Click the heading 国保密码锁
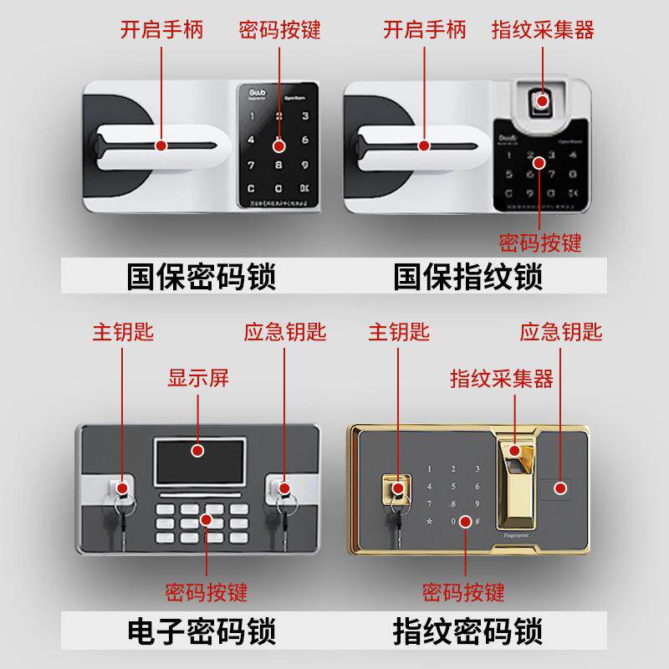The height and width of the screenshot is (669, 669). tap(201, 276)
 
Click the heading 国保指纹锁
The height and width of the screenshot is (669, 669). tap(468, 276)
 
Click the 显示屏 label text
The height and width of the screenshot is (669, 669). tap(198, 378)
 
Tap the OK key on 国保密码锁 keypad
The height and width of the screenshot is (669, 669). tap(304, 188)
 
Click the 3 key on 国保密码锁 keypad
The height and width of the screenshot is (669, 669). tap(304, 117)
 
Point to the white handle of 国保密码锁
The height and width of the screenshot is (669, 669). tap(159, 147)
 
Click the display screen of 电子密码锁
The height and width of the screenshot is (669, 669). tap(198, 459)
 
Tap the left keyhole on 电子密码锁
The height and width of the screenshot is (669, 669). tap(122, 488)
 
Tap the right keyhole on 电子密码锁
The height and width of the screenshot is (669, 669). tap(283, 488)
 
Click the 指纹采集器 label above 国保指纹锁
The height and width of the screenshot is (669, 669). tap(543, 31)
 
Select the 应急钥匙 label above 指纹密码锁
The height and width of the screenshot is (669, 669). tap(560, 332)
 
